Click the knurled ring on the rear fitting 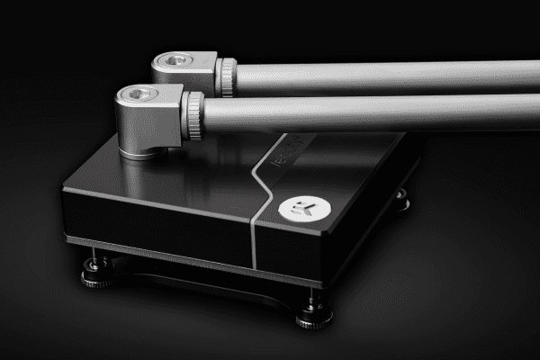(227, 76)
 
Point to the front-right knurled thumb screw (314, 315)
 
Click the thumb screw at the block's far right (400, 202)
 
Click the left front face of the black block (153, 220)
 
